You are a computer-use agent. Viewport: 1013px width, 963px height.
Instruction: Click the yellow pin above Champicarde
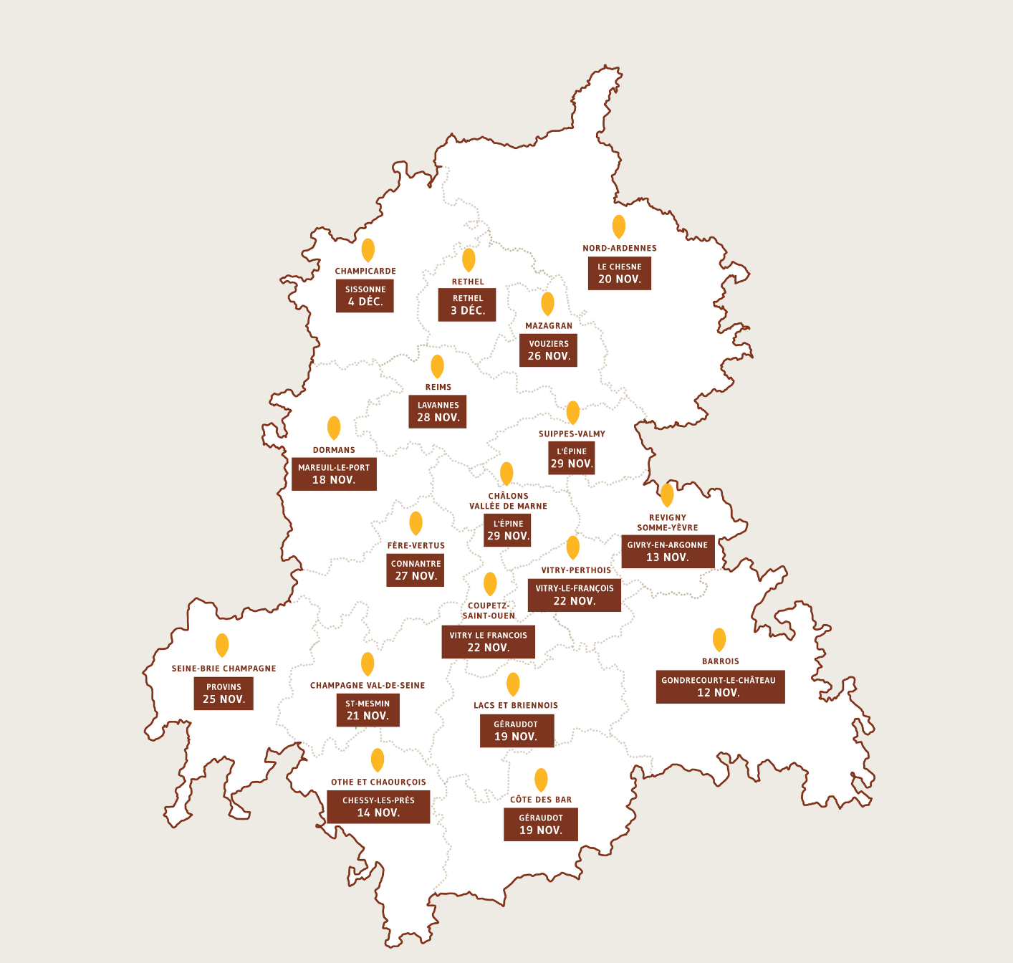click(368, 249)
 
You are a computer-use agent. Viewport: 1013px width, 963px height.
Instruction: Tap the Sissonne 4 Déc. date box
click(365, 296)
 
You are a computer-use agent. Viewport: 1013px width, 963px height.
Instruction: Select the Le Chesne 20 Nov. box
click(620, 273)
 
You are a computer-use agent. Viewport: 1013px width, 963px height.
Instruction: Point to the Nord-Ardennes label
click(620, 248)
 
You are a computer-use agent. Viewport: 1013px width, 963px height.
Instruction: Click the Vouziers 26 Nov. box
click(548, 350)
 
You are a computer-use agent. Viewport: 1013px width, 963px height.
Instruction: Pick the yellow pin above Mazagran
click(547, 303)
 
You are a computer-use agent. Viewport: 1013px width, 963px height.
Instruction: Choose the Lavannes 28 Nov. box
click(438, 411)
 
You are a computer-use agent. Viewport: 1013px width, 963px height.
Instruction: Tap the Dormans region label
click(334, 450)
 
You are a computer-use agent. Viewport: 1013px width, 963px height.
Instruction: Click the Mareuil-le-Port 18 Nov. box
click(334, 474)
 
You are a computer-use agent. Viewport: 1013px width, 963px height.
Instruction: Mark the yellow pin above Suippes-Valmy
click(572, 412)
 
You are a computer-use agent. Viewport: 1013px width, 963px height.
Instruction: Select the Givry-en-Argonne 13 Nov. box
click(668, 551)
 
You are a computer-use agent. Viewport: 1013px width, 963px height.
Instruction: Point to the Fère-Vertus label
click(416, 545)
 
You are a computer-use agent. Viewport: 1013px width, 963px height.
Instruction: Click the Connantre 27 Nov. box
click(416, 570)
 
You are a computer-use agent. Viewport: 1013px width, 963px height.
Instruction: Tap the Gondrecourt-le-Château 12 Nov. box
click(720, 686)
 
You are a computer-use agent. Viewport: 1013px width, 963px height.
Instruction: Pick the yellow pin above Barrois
click(719, 639)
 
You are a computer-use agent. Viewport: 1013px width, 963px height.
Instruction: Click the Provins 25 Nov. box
click(224, 693)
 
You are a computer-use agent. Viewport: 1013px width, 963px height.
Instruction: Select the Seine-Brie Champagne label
click(224, 669)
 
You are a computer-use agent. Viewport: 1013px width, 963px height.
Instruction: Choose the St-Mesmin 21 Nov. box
click(368, 709)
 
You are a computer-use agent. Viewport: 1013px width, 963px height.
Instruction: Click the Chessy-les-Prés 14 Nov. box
click(378, 807)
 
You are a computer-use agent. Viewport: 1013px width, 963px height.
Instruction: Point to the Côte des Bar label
click(541, 800)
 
